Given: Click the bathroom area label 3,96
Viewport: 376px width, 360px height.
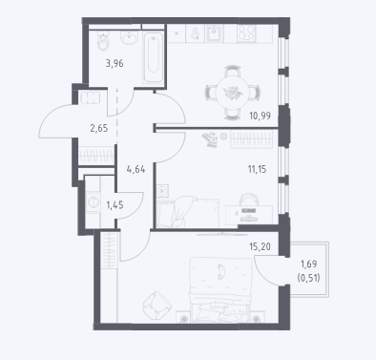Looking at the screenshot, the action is point(115,64).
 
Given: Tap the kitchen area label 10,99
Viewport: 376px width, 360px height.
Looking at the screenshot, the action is point(260,116).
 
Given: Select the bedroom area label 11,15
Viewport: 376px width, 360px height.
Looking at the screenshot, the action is point(257,169).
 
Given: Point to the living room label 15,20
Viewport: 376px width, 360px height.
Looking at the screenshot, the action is point(260,246).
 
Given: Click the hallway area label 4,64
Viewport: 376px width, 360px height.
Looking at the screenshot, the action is point(136,169).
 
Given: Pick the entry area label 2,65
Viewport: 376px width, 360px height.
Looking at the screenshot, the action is point(99,129).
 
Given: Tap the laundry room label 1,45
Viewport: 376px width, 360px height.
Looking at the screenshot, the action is point(115,205).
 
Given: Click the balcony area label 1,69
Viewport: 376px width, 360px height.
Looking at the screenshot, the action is point(308,264).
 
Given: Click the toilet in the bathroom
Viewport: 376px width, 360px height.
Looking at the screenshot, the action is point(103,41).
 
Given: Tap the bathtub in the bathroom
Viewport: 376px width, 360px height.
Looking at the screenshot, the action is point(154,58).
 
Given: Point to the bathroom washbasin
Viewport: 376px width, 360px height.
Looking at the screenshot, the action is point(129,38).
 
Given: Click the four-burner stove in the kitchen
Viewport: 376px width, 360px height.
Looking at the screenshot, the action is point(246,33).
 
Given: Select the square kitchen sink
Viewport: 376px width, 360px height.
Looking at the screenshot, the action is point(215,33).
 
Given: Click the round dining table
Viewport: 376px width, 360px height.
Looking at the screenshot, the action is point(232,93).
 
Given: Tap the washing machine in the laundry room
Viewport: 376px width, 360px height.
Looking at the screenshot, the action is point(93,201).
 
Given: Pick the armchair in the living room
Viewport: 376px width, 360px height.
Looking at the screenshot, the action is point(157,305).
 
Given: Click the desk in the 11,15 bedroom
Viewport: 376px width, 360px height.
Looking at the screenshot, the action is point(249,215).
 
